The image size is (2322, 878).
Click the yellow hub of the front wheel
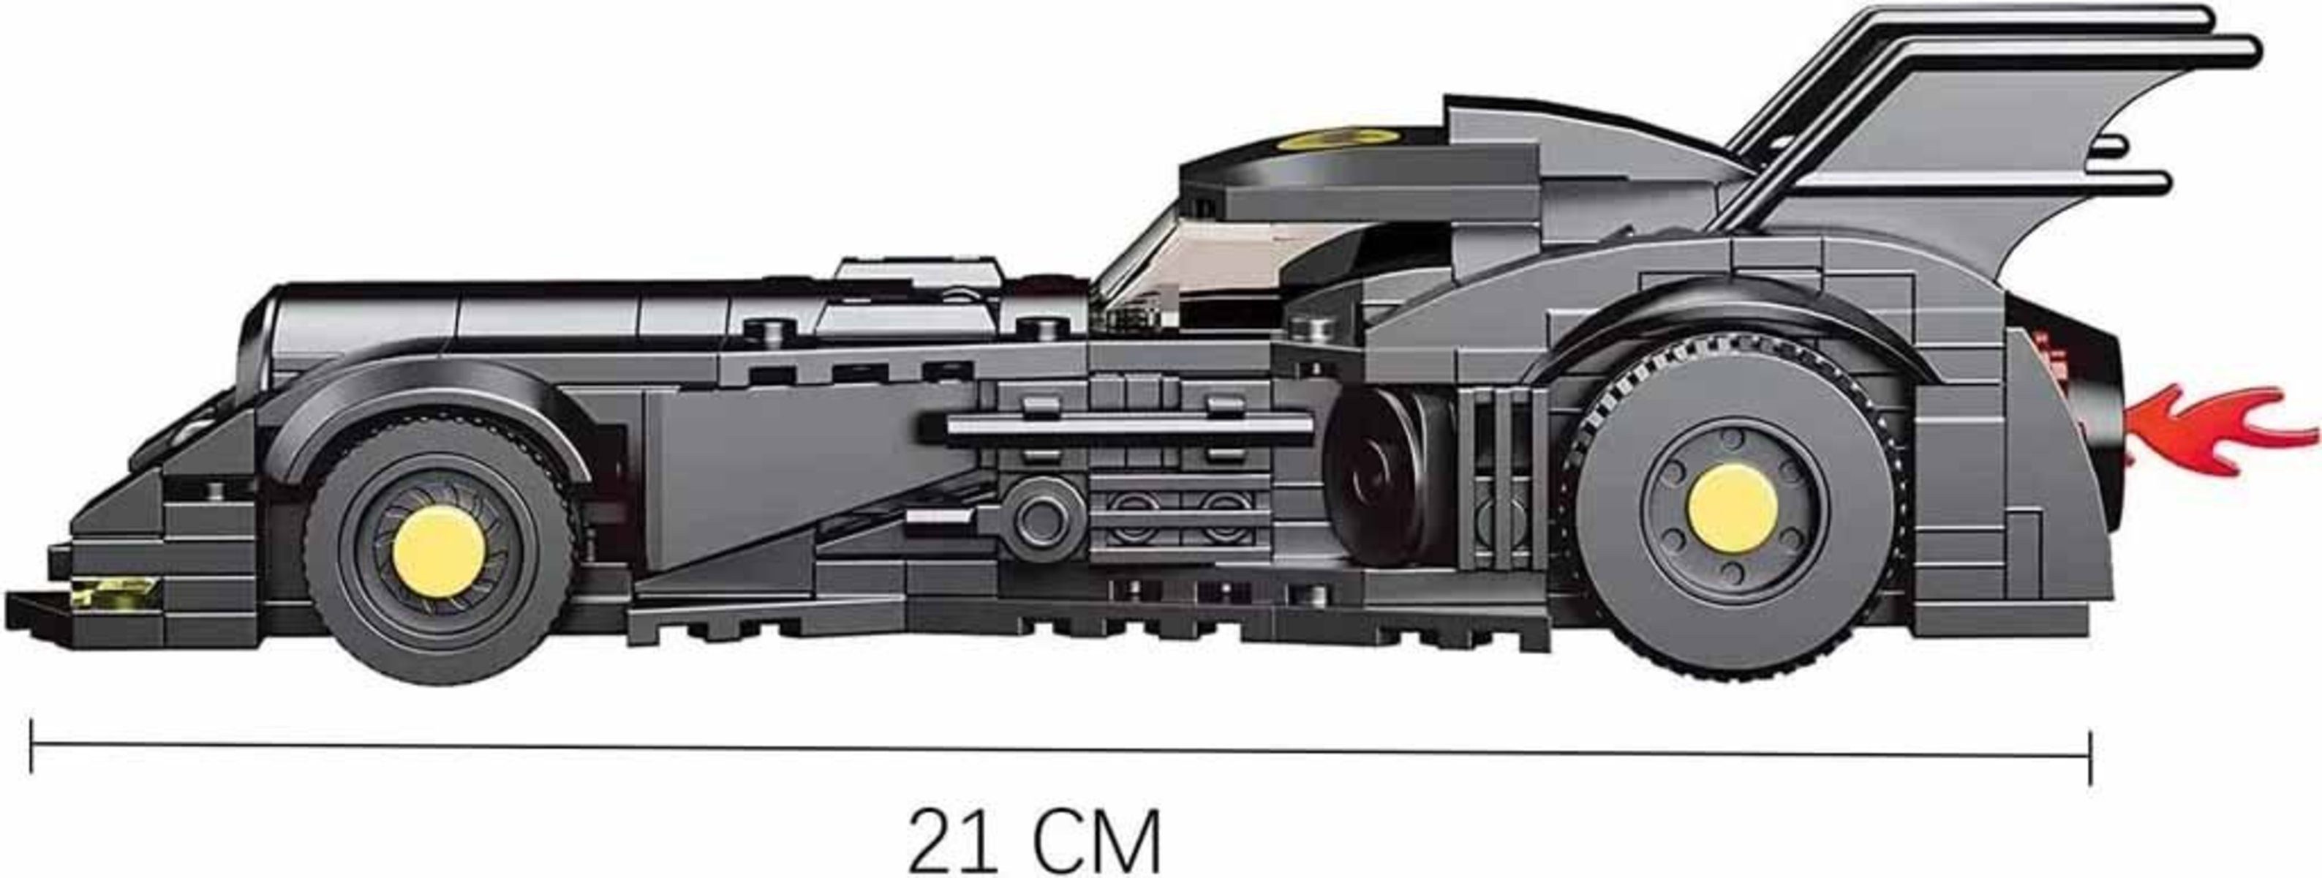439,551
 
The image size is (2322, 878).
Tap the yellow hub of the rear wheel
1733,508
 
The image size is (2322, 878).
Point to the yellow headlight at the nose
115,591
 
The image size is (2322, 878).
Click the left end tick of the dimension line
31,746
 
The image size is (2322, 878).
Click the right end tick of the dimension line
2090,758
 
